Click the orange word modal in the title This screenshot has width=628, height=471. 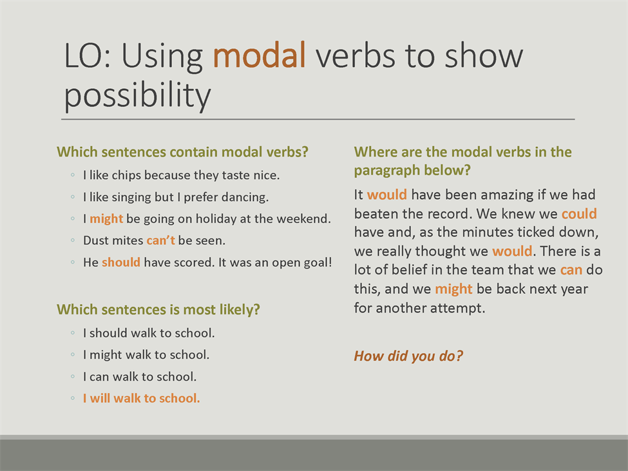pos(259,55)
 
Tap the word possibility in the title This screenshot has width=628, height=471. pos(137,96)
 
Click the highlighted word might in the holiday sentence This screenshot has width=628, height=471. pos(106,219)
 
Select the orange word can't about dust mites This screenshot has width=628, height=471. pos(160,240)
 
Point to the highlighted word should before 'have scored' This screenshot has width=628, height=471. pos(121,262)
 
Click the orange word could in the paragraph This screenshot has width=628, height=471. pos(579,213)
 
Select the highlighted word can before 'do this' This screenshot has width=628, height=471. pos(571,270)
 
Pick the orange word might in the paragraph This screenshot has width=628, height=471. pos(454,289)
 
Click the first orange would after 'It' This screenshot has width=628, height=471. pos(387,195)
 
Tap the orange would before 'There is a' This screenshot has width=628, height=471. pos(512,251)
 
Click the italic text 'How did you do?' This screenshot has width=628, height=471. pos(408,356)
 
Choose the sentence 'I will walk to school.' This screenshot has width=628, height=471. pos(141,398)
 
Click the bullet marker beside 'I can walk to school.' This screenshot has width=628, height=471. pos(73,376)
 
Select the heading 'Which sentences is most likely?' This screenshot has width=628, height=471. pos(158,309)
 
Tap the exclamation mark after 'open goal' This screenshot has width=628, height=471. pos(330,262)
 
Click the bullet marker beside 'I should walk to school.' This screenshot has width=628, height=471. pos(73,333)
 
